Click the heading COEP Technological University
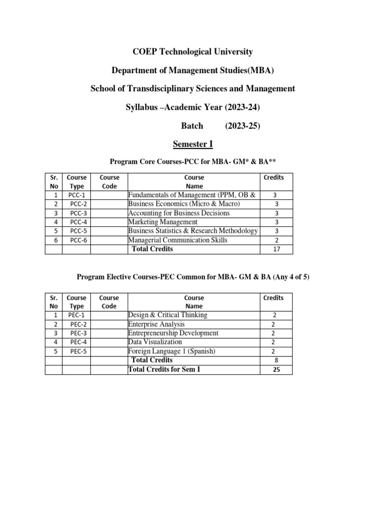[192, 52]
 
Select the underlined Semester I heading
[193, 144]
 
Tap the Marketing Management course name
[163, 222]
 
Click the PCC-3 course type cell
[76, 213]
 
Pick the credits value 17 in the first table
[275, 249]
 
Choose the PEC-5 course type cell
[76, 351]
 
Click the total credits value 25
[275, 370]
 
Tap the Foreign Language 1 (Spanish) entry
[172, 351]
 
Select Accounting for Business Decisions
[179, 213]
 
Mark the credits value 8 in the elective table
[275, 360]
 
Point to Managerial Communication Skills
[178, 240]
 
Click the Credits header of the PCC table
[273, 178]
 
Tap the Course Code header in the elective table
[109, 302]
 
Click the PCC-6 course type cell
[76, 240]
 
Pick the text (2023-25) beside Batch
[242, 126]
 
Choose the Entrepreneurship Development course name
[173, 333]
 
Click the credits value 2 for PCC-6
[275, 240]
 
